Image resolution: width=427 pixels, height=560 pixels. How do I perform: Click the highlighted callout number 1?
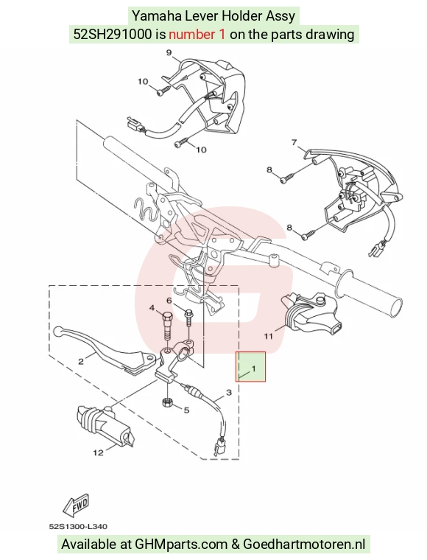click(254, 368)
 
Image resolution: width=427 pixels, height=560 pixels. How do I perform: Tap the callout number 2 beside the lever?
click(81, 362)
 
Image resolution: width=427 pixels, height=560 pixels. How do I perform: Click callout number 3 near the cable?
click(228, 393)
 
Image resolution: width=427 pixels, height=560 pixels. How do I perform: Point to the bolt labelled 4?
click(166, 326)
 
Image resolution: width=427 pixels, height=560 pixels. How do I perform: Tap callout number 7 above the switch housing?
click(294, 142)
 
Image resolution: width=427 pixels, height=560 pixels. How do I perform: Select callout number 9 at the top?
click(169, 53)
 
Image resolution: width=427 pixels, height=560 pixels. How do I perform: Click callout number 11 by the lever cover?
click(268, 336)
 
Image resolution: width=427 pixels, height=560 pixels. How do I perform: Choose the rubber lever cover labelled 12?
click(105, 426)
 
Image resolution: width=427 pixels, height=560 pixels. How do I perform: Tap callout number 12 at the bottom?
click(98, 453)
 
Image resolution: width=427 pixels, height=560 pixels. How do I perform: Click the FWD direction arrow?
click(76, 505)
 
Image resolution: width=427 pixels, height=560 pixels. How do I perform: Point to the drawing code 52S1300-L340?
click(78, 526)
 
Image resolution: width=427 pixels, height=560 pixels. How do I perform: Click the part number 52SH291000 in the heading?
click(113, 35)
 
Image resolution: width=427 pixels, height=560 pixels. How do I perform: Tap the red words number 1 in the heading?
click(197, 35)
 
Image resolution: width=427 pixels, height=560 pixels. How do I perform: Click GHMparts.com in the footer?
click(181, 545)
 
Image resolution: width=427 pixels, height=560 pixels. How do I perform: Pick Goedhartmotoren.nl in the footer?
click(304, 545)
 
